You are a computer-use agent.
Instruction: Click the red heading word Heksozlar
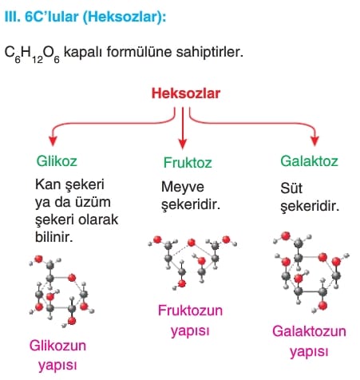coord(186,93)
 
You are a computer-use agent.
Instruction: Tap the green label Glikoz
coord(57,161)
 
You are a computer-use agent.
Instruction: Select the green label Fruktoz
coord(188,162)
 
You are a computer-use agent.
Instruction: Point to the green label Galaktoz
coord(309,161)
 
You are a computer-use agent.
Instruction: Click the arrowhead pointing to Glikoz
coord(53,141)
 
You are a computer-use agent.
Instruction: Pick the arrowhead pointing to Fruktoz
coord(183,144)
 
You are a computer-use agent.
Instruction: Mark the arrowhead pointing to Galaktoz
coord(315,141)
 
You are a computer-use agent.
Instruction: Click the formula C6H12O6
coord(32,53)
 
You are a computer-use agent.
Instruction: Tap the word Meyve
coord(183,187)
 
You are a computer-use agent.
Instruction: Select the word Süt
coord(291,188)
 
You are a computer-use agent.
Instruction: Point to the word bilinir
coord(54,237)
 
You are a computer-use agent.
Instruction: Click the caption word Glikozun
coord(57,346)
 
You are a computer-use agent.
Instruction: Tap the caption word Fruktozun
coord(190,311)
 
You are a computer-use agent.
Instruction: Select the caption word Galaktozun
coord(309,331)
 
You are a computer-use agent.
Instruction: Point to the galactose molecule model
coord(311,272)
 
